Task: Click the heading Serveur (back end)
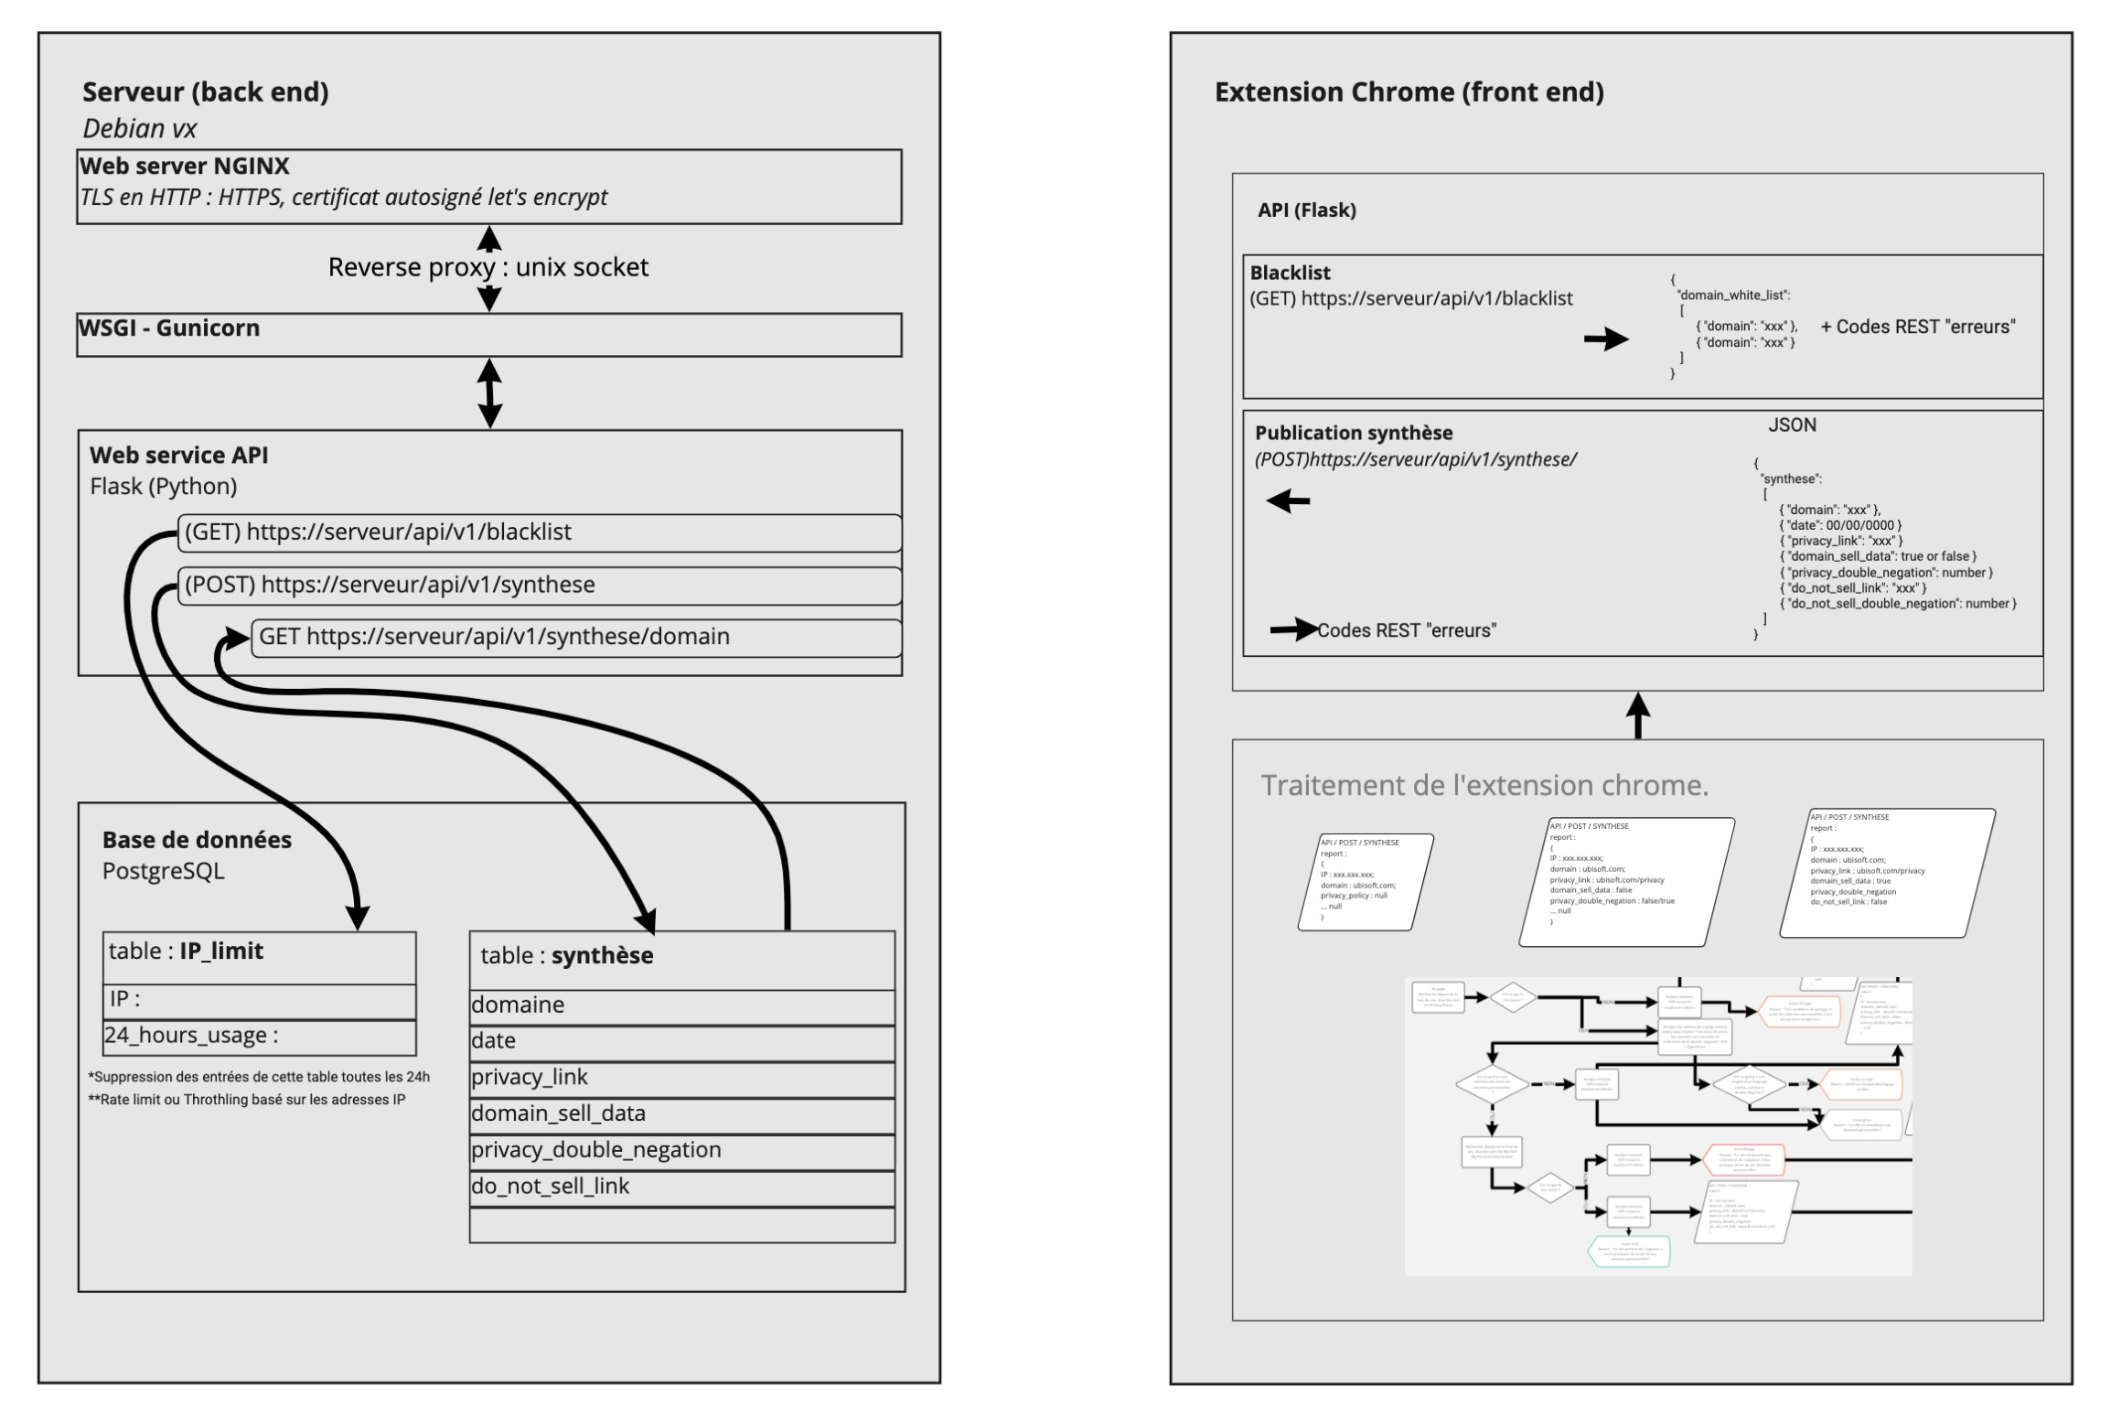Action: click(x=206, y=92)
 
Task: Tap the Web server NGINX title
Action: click(x=185, y=167)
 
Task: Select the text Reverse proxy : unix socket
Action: click(x=488, y=267)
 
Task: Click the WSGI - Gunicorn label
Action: click(x=170, y=328)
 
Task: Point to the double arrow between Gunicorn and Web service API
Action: click(x=490, y=393)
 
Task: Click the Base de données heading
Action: click(x=197, y=840)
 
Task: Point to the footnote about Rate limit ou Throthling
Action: click(x=247, y=1100)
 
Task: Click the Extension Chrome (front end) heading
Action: click(x=1409, y=92)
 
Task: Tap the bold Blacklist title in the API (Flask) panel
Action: click(x=1290, y=273)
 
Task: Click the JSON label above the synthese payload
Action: click(x=1792, y=425)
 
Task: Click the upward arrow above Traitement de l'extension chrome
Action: click(x=1638, y=715)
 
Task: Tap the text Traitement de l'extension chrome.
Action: click(x=1484, y=785)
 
